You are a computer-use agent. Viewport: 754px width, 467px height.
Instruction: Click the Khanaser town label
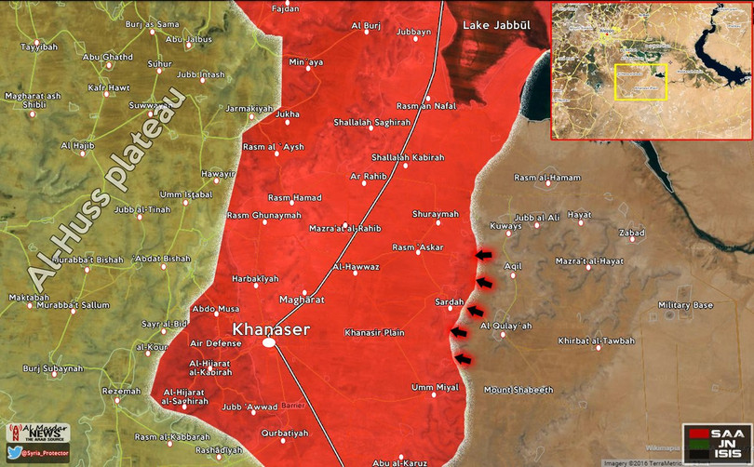click(x=269, y=328)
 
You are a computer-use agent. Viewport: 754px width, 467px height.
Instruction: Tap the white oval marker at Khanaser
click(x=269, y=343)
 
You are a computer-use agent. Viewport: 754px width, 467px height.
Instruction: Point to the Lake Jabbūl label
click(x=495, y=27)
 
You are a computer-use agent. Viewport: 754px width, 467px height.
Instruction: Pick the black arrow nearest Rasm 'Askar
click(x=484, y=255)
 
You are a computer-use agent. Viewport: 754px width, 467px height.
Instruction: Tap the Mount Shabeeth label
click(x=518, y=389)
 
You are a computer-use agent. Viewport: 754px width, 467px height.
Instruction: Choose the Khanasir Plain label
click(x=374, y=332)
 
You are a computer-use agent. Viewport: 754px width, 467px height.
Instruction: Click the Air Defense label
click(x=215, y=343)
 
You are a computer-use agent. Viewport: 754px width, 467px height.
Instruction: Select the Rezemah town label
click(x=121, y=391)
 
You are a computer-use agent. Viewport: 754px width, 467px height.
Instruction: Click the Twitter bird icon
click(x=14, y=452)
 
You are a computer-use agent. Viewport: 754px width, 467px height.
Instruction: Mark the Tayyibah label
click(x=38, y=47)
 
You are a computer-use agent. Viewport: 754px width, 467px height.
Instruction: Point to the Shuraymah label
click(x=435, y=214)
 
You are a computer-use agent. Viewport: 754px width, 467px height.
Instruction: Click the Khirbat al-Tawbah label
click(x=596, y=340)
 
